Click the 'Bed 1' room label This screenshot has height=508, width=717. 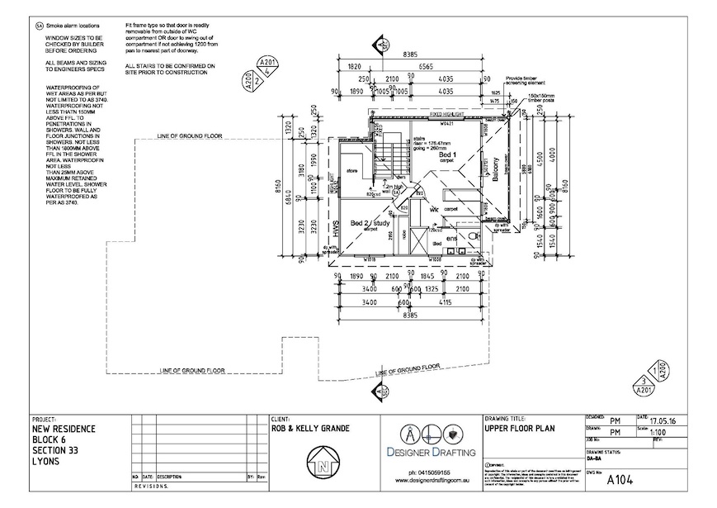448,154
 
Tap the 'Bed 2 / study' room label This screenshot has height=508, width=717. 370,223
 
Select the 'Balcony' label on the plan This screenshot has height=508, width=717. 495,169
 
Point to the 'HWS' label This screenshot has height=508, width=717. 336,228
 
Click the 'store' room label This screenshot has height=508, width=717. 350,171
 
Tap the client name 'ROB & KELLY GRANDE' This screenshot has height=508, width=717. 310,429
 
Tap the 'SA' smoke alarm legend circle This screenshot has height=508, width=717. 40,26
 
